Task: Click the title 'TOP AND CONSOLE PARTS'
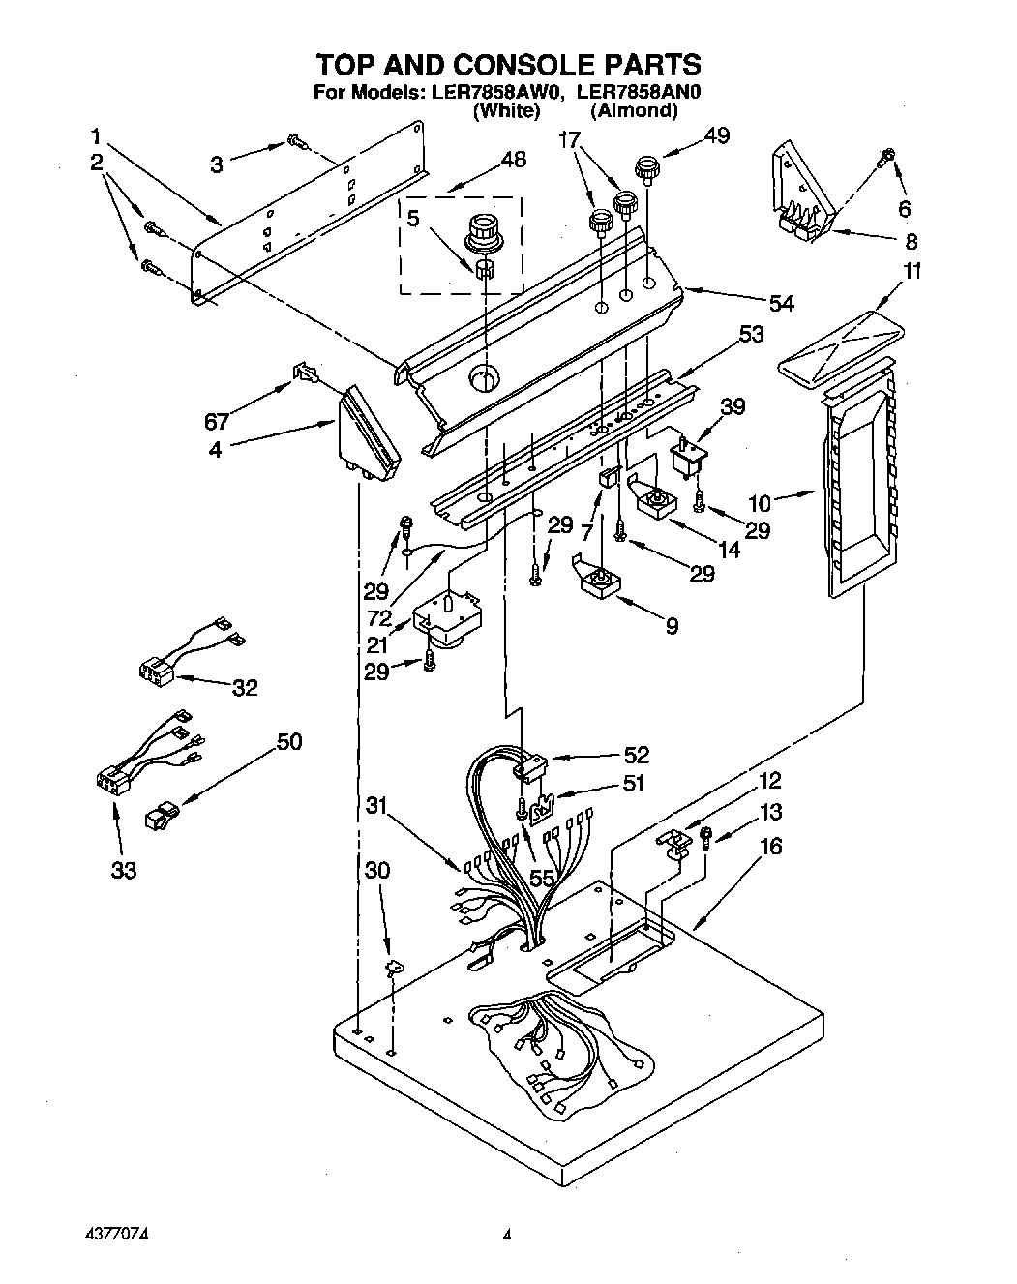[x=508, y=65]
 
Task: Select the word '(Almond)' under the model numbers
[x=634, y=111]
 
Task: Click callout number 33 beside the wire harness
[x=123, y=870]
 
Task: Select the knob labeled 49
[x=645, y=170]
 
